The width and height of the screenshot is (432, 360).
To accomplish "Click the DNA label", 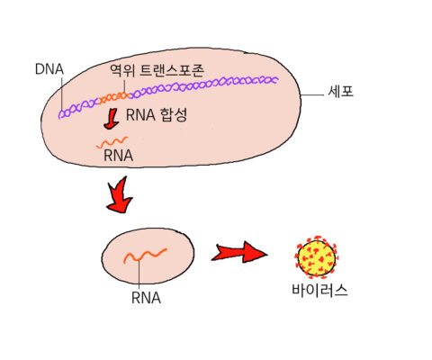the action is click(x=49, y=69).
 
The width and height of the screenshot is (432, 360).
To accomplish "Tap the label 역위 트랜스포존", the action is click(x=157, y=70).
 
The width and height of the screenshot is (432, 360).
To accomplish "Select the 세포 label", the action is click(x=341, y=91).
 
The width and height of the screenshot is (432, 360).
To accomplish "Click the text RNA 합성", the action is click(x=157, y=115).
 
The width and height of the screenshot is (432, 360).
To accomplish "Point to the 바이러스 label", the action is click(x=319, y=291).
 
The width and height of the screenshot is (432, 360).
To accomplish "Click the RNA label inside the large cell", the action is click(x=118, y=156).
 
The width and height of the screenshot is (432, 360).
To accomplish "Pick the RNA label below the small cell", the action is click(x=146, y=298).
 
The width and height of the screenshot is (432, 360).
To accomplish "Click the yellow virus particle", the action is click(x=317, y=256).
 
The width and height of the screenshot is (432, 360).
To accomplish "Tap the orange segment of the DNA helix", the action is click(x=114, y=97).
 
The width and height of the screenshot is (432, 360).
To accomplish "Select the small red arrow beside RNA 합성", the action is click(x=111, y=119).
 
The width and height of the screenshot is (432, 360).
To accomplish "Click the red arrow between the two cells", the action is click(x=120, y=195).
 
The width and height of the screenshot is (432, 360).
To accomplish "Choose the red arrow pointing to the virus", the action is click(x=239, y=252).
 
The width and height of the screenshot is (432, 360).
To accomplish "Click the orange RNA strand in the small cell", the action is click(x=145, y=256).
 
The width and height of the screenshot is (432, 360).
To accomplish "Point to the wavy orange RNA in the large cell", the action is click(x=112, y=142).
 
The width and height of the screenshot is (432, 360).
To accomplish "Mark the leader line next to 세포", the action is click(x=312, y=95).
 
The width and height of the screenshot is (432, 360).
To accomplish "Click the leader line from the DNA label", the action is click(x=61, y=94).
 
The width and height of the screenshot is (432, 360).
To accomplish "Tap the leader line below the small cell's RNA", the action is click(x=139, y=274).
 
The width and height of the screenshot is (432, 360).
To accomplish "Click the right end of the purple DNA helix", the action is click(x=277, y=79).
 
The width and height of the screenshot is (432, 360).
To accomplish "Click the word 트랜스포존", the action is click(x=172, y=70).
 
